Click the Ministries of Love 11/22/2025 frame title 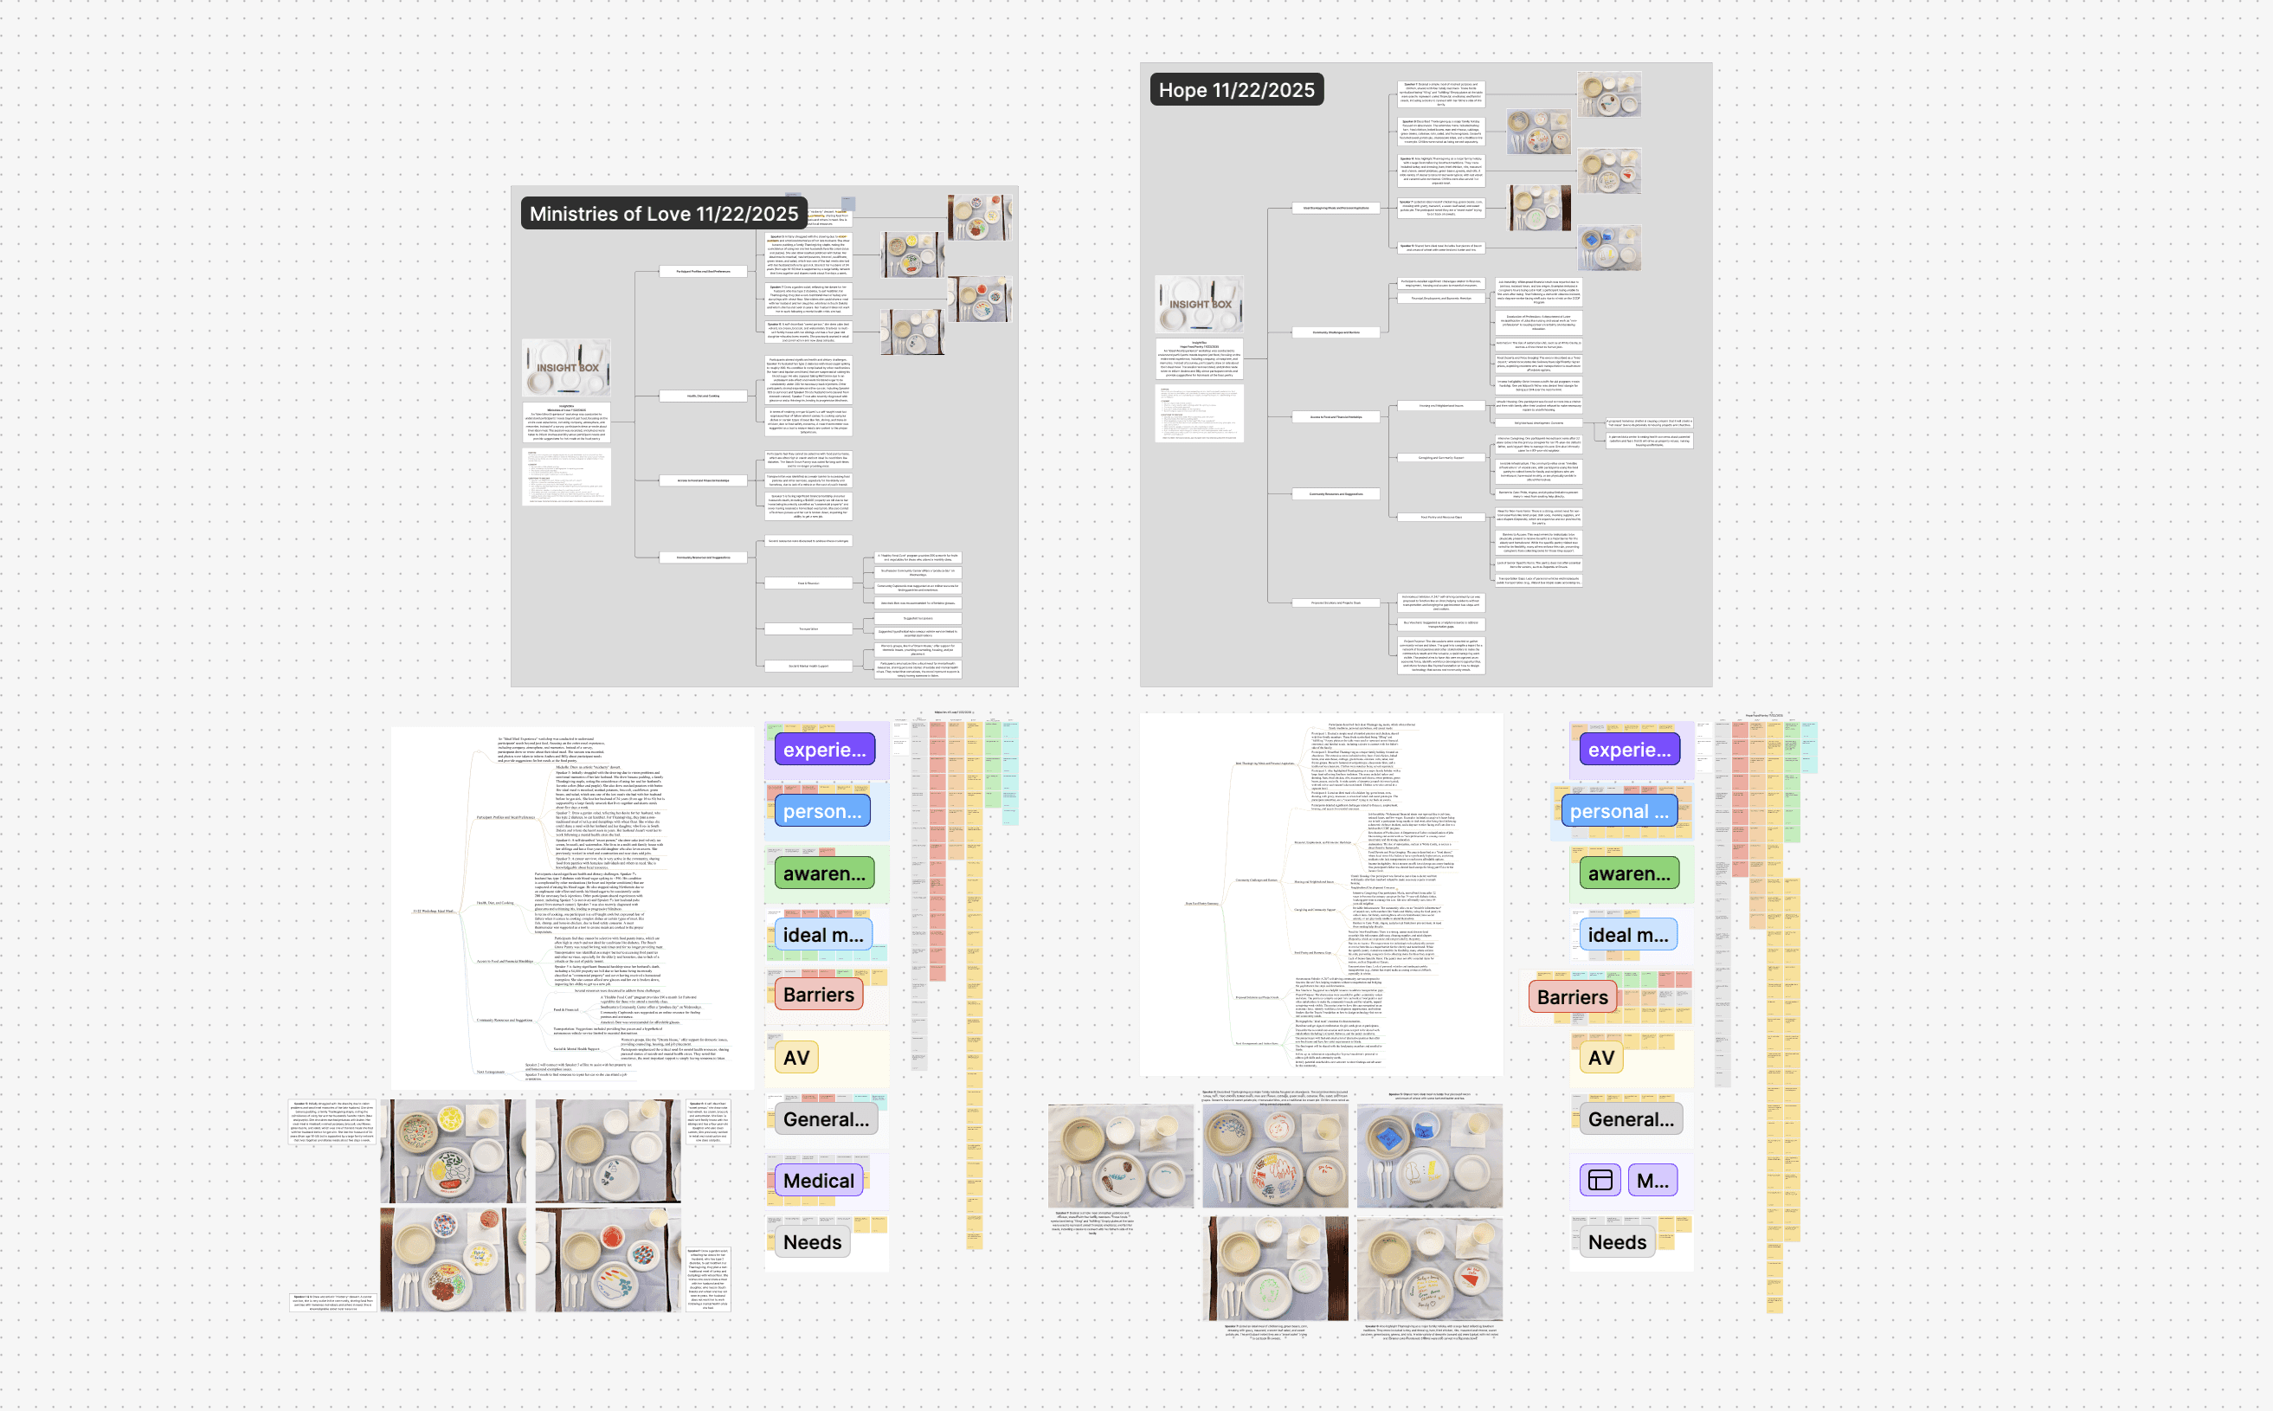[663, 214]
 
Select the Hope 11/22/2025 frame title [1235, 89]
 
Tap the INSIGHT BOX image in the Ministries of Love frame [566, 367]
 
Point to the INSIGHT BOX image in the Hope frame [1199, 303]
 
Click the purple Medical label [818, 1181]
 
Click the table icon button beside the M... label [1600, 1181]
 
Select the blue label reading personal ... [1619, 811]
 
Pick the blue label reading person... [822, 811]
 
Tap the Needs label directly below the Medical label [812, 1242]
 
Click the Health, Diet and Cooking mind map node [704, 396]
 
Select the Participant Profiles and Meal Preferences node [704, 272]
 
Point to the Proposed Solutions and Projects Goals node [1336, 602]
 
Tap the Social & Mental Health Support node [808, 667]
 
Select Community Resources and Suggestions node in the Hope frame [1336, 493]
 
